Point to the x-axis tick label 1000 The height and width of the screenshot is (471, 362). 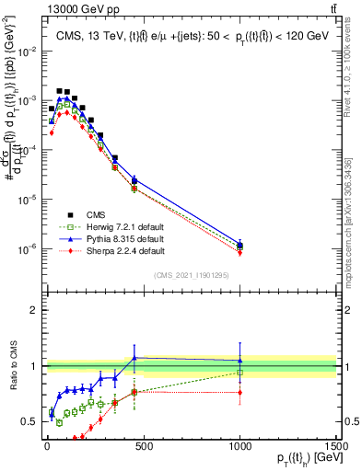point(239,444)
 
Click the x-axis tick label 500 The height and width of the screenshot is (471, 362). point(143,444)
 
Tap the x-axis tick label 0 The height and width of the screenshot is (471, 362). point(46,444)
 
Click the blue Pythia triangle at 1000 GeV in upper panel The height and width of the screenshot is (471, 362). point(239,245)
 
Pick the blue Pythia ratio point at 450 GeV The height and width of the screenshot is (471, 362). point(134,358)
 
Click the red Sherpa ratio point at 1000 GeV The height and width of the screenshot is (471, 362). point(239,392)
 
